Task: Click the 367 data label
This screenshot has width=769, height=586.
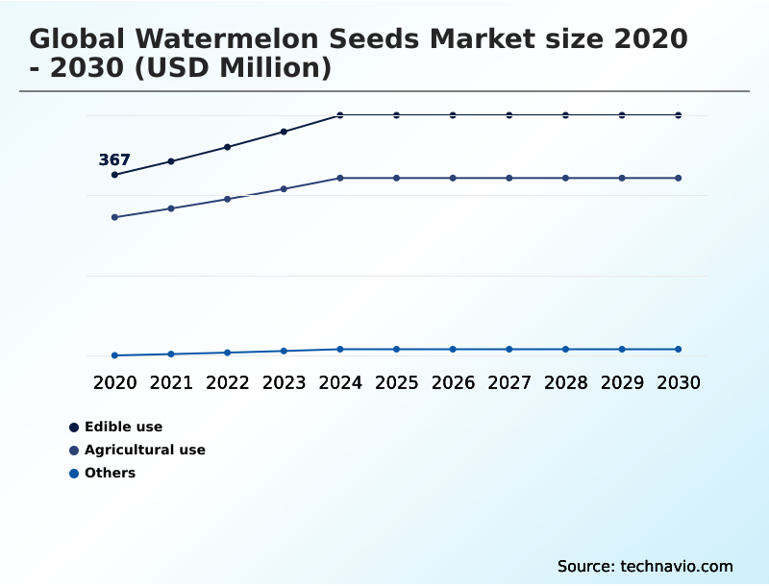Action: [114, 160]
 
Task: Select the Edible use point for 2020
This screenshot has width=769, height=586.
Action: [114, 175]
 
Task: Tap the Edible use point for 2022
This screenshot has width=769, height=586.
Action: [228, 147]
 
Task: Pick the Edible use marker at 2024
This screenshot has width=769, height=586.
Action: [340, 115]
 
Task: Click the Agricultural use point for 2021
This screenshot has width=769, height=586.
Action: [171, 208]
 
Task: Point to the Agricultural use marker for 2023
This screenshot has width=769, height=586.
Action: [284, 189]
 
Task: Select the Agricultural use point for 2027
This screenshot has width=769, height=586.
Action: [509, 179]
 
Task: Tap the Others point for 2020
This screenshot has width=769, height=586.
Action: [114, 355]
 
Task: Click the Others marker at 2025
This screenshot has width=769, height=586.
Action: [396, 350]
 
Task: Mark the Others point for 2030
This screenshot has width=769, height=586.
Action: [679, 350]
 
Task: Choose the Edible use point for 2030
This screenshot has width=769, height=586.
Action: [679, 115]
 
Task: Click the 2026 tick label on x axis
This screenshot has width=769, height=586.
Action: [453, 383]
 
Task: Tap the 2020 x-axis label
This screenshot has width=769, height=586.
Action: [114, 383]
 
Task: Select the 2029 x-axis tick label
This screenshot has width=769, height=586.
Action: [622, 383]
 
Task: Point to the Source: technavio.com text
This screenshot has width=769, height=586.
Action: [645, 566]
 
